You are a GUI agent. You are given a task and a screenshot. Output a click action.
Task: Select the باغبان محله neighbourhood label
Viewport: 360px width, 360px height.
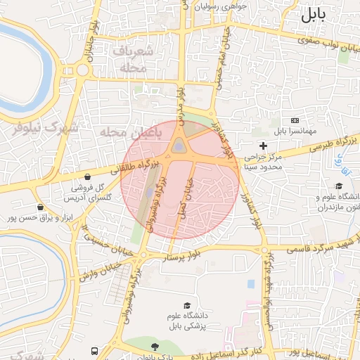point(131,131)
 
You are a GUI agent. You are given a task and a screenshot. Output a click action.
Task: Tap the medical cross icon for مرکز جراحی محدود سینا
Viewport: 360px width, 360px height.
point(264,146)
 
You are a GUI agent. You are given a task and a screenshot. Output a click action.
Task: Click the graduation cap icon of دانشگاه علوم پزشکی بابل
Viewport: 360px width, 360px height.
point(188,305)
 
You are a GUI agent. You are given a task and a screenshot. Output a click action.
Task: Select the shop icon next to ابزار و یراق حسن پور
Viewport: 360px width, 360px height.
point(41,207)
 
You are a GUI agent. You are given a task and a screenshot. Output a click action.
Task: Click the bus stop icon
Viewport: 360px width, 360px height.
point(94,349)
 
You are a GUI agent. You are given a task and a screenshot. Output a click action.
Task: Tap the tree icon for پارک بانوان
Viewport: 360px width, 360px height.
point(155,346)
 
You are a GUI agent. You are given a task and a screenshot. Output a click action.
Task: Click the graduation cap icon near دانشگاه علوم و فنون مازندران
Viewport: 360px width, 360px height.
point(339,186)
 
